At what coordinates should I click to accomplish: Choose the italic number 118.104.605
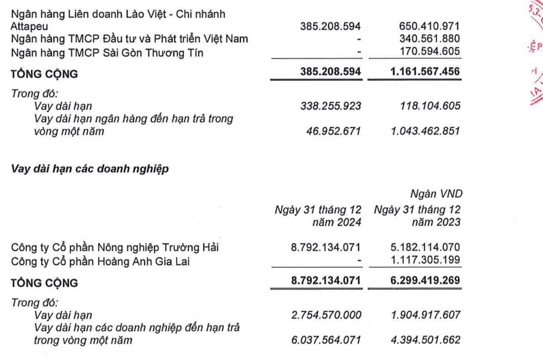pyautogui.click(x=427, y=106)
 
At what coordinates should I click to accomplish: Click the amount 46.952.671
pyautogui.click(x=335, y=131)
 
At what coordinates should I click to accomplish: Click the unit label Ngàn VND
pyautogui.click(x=436, y=194)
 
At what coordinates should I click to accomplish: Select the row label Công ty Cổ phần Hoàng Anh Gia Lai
pyautogui.click(x=100, y=261)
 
